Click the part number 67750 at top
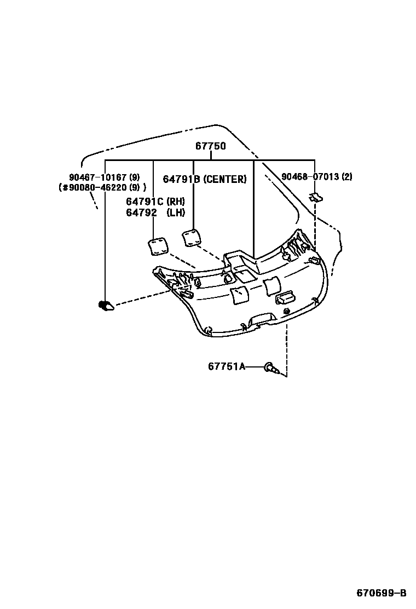(211, 147)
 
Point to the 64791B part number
(182, 179)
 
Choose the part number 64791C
(145, 202)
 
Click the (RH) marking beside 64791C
(176, 202)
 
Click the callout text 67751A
(227, 366)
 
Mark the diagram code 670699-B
(382, 593)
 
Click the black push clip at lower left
(106, 306)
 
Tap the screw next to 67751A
(271, 368)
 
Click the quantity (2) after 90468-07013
(347, 177)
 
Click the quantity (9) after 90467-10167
(135, 177)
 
